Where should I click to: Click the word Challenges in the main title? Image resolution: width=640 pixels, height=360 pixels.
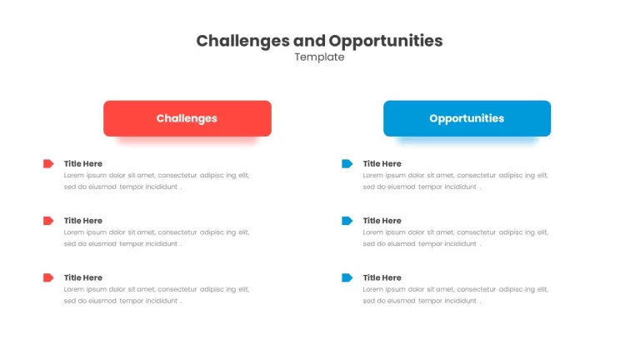pyautogui.click(x=242, y=41)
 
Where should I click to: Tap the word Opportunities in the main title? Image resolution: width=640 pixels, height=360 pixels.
pyautogui.click(x=386, y=41)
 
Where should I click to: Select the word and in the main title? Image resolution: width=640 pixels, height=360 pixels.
pyautogui.click(x=309, y=41)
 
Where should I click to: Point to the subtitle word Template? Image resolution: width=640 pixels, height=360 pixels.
pyautogui.click(x=320, y=57)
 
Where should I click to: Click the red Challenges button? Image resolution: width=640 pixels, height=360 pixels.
pyautogui.click(x=187, y=118)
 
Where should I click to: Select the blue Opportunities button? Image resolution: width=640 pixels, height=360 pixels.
pyautogui.click(x=467, y=118)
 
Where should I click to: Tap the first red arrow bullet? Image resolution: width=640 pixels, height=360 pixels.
pyautogui.click(x=48, y=163)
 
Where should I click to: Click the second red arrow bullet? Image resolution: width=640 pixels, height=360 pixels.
pyautogui.click(x=48, y=221)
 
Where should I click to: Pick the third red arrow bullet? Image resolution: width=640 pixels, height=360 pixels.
pyautogui.click(x=48, y=278)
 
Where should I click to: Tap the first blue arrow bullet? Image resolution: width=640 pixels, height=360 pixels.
pyautogui.click(x=347, y=163)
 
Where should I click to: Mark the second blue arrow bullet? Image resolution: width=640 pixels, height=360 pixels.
pyautogui.click(x=347, y=221)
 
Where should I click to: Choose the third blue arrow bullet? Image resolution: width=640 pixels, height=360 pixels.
pyautogui.click(x=347, y=278)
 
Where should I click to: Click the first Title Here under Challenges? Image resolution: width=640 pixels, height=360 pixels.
pyautogui.click(x=83, y=163)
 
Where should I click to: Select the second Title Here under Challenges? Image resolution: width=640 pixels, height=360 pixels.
pyautogui.click(x=83, y=221)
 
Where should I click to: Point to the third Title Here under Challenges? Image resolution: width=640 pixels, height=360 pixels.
pyautogui.click(x=83, y=278)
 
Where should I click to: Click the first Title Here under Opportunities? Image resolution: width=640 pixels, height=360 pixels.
pyautogui.click(x=382, y=163)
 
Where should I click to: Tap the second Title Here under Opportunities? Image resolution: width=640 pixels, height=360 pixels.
pyautogui.click(x=382, y=221)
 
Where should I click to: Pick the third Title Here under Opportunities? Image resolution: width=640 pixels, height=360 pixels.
pyautogui.click(x=382, y=278)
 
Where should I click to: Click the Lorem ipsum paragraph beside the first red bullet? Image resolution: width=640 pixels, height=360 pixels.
pyautogui.click(x=157, y=181)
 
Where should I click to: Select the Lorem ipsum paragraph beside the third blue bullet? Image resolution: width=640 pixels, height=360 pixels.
pyautogui.click(x=456, y=295)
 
